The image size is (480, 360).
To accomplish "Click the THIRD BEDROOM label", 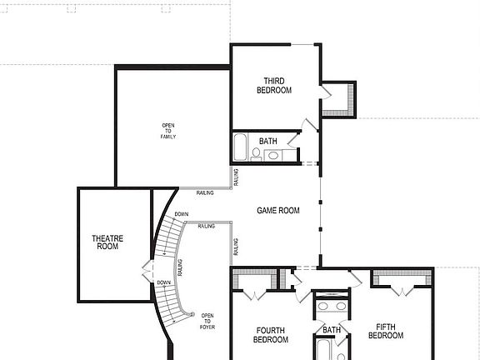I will click(272, 85).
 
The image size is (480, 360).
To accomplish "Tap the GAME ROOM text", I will click(277, 211).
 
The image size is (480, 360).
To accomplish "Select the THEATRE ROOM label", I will click(107, 242).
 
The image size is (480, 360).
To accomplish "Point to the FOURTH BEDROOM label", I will click(272, 334).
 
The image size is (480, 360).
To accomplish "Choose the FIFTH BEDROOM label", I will click(390, 331).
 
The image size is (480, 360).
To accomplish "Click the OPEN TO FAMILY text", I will click(168, 131).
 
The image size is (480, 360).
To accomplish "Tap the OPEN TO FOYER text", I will click(207, 321).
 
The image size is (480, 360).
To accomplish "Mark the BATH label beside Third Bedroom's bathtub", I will click(268, 142).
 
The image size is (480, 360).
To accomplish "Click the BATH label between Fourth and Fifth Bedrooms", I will click(332, 330).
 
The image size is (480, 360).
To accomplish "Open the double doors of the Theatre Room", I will click(147, 271).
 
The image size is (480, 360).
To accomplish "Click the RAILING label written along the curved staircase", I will click(180, 268).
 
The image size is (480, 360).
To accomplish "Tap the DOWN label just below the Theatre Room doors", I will click(163, 282).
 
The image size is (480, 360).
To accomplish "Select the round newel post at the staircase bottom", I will click(193, 314).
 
